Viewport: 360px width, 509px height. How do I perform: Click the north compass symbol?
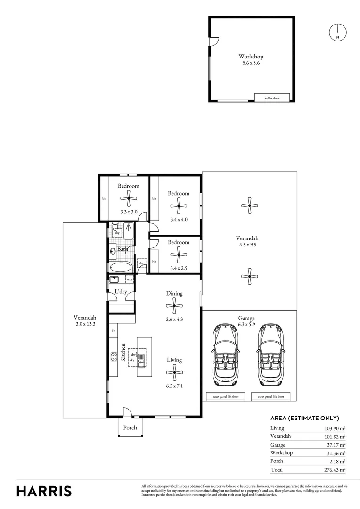(x=337, y=32)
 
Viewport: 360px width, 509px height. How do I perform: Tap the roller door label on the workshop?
(x=272, y=98)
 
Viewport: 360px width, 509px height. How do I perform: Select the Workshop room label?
(x=251, y=57)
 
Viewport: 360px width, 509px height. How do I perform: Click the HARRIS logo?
(x=44, y=491)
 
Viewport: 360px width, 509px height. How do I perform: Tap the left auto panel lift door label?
(x=225, y=397)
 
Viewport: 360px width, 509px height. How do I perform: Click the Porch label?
(x=130, y=427)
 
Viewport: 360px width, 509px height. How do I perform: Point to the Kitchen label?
(x=123, y=352)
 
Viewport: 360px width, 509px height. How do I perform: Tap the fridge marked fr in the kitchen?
(x=114, y=331)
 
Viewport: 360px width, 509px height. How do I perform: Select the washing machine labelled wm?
(x=129, y=279)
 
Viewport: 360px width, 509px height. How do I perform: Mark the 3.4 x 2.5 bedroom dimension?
(x=179, y=269)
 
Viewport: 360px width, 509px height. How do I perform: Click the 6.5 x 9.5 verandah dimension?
(x=248, y=245)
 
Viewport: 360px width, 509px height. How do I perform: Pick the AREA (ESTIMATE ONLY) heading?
(x=304, y=418)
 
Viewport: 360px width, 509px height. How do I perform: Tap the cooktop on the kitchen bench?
(x=114, y=357)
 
